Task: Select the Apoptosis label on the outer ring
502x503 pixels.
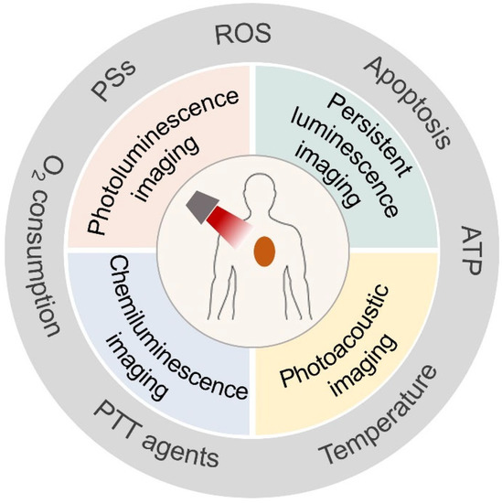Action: point(410,101)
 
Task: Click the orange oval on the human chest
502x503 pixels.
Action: point(266,251)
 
